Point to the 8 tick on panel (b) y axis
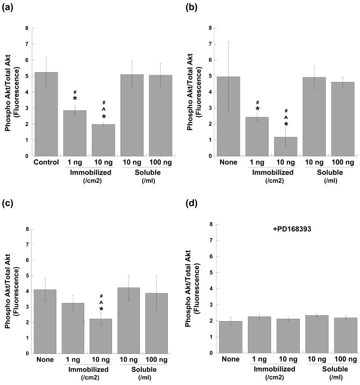click(211, 28)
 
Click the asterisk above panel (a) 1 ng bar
click(75, 99)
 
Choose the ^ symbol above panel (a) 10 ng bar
click(103, 109)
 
